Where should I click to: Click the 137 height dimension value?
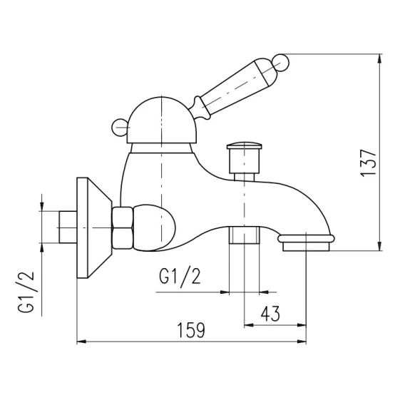pos(369,163)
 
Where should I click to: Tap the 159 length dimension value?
pos(191,330)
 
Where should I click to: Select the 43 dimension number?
pos(270,314)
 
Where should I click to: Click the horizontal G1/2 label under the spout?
pos(180,277)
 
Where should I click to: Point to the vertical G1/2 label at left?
pos(26,292)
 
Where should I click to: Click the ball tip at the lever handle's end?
pos(281,63)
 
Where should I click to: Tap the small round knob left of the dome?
pos(120,127)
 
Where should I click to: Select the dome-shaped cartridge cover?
pos(161,120)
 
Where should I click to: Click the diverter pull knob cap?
pos(244,145)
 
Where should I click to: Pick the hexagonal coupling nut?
pos(123,228)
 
